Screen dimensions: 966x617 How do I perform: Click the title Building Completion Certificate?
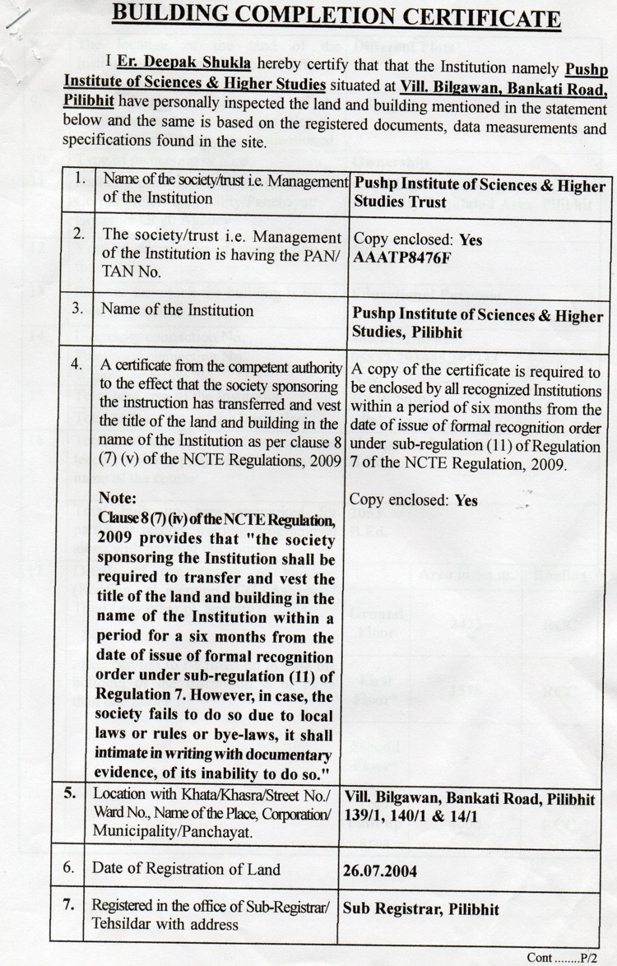coord(336,17)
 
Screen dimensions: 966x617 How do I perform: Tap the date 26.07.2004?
coord(380,869)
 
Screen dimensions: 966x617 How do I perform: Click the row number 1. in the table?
coord(80,178)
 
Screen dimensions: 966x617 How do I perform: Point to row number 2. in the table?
coord(80,235)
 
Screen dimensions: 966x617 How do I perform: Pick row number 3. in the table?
coord(80,309)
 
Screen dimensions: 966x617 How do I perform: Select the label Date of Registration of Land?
coord(186,868)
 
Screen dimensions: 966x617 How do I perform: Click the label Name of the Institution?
coord(177,310)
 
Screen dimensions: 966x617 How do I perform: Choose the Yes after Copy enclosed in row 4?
coord(466,499)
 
